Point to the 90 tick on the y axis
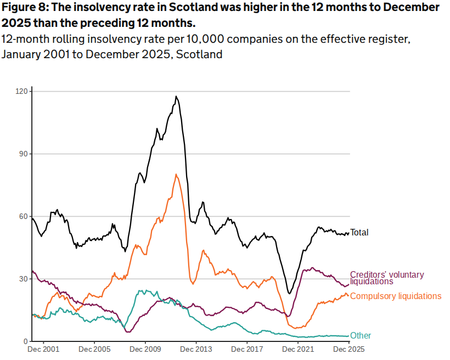tap(23, 154)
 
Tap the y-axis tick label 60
tap(23, 216)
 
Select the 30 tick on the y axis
tap(23, 279)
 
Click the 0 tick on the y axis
tap(25, 341)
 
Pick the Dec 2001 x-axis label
tap(43, 349)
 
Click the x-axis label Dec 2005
tap(94, 349)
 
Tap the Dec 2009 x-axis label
tap(145, 349)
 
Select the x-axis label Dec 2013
tap(196, 349)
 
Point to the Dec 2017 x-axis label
tap(247, 349)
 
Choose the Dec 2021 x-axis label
tap(298, 349)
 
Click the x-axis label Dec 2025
tap(349, 349)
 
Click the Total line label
tap(359, 233)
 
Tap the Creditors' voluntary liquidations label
tap(386, 278)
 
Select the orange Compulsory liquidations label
tap(395, 296)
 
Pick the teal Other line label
tap(361, 336)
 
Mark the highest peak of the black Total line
tap(176, 97)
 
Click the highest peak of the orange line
tap(176, 175)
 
